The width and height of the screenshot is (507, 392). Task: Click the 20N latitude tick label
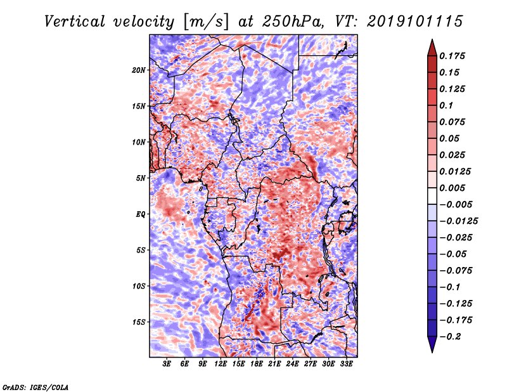139,70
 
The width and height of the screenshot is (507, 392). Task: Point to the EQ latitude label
141,214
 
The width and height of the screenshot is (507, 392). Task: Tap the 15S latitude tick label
139,322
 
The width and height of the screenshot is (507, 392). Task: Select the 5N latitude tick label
141,178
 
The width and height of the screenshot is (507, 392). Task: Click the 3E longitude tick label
167,363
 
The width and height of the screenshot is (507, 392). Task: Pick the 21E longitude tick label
274,363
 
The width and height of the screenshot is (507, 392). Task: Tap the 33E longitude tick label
346,363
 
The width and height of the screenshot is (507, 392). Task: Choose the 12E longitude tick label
220,363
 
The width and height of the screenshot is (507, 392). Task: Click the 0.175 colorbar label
452,56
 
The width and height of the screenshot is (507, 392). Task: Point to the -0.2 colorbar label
450,337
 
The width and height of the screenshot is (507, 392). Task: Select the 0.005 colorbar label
452,188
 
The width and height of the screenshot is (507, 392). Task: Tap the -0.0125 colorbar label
458,221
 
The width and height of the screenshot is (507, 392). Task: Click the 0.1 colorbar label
446,105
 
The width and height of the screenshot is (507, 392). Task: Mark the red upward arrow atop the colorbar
432,48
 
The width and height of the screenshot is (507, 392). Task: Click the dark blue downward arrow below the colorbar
432,344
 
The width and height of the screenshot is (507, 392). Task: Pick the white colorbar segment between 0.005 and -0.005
432,196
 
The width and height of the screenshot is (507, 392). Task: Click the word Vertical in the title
75,22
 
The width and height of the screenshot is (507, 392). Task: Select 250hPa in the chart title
292,22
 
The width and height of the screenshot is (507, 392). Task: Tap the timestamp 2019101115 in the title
415,22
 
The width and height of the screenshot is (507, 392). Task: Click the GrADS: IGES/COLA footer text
35,387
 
